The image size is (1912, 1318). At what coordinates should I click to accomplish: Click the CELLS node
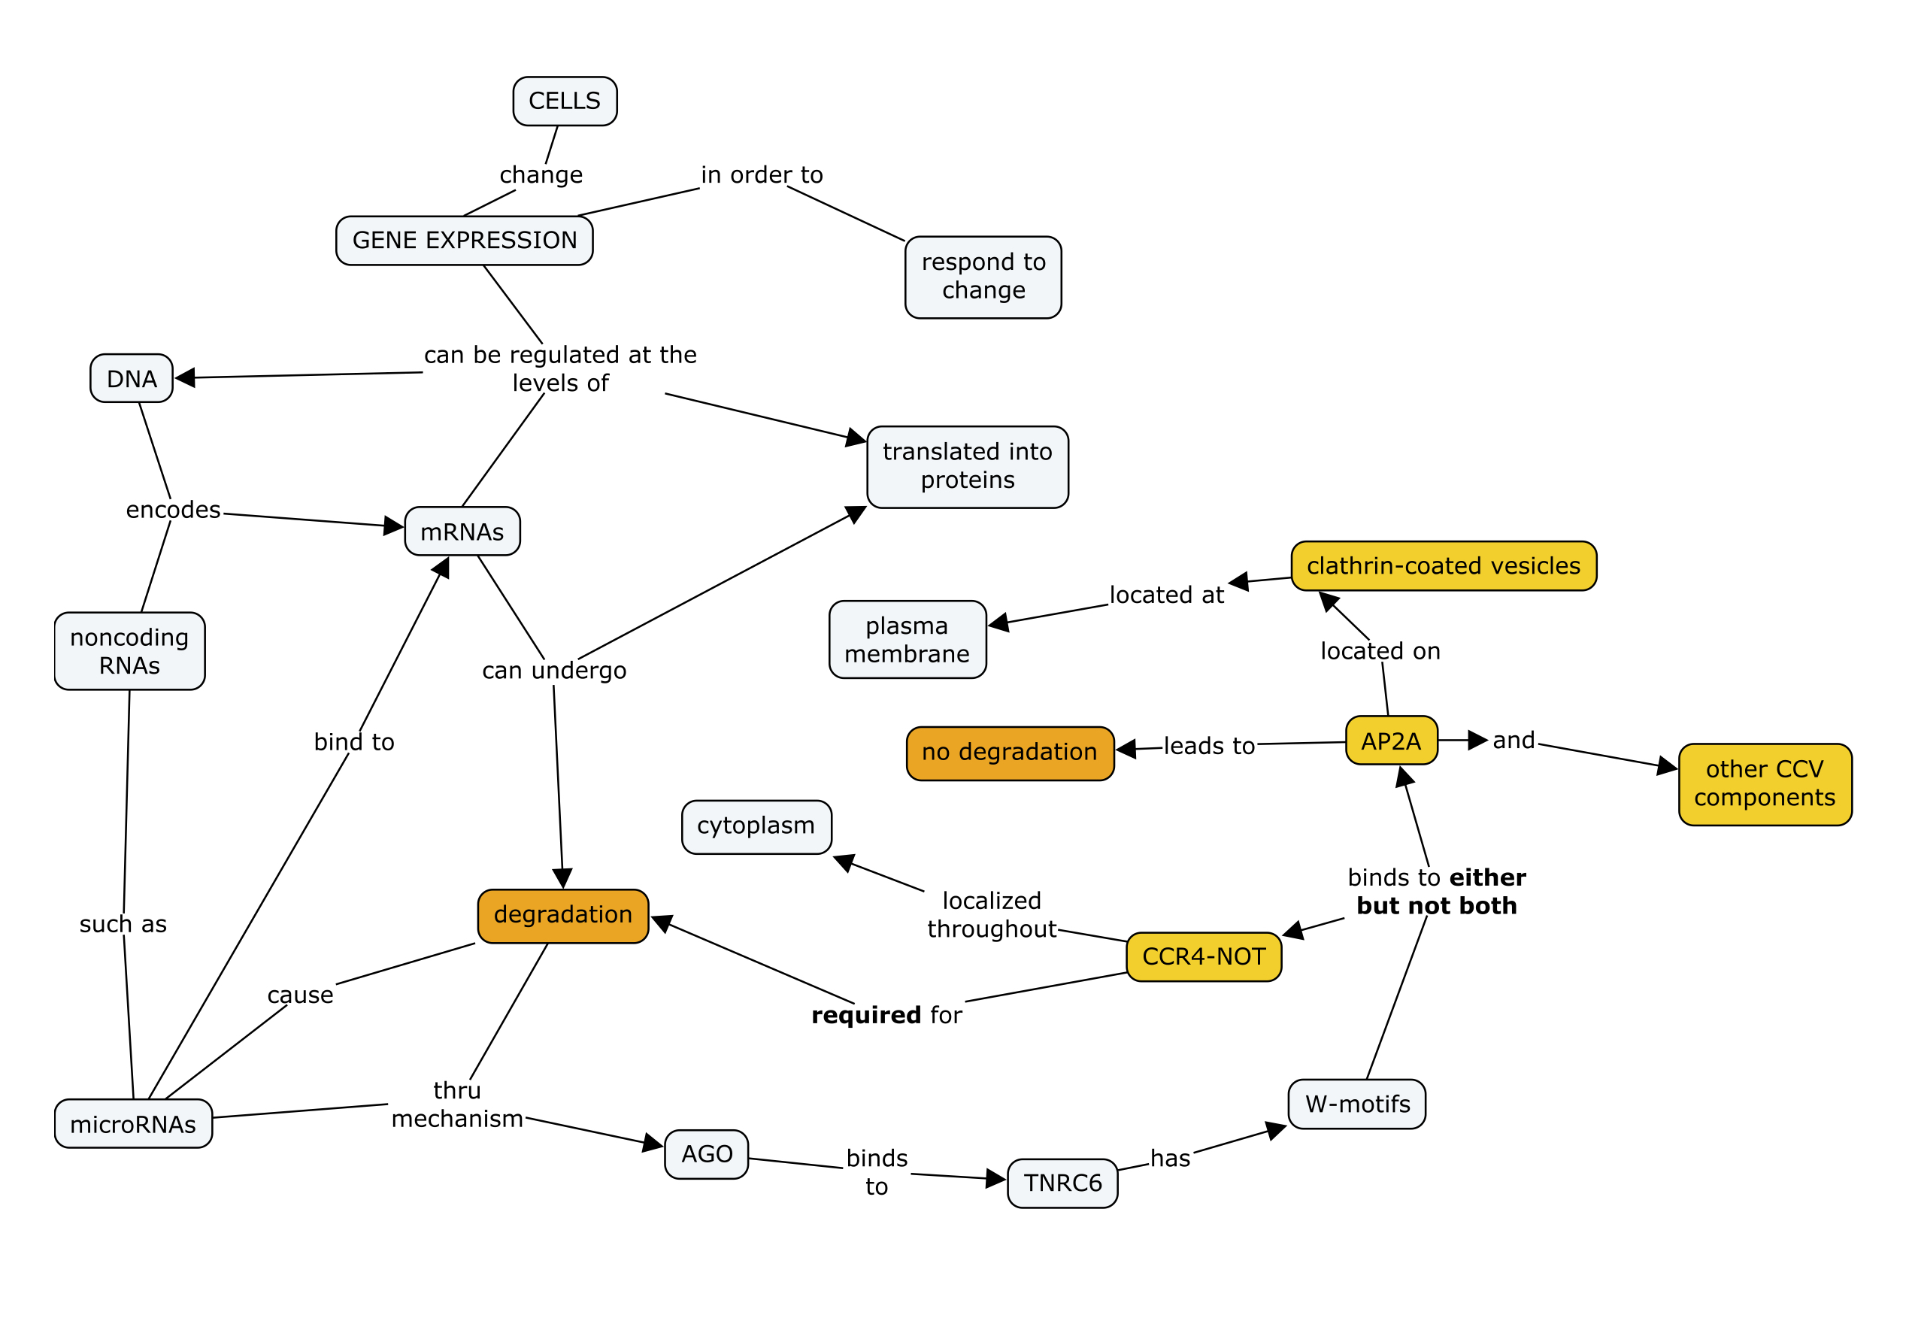point(564,101)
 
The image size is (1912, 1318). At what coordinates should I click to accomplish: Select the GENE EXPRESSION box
point(464,241)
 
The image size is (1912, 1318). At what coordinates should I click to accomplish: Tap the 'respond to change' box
point(983,277)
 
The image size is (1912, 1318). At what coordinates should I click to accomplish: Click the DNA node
point(132,379)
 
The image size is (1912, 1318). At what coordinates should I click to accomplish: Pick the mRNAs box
point(462,532)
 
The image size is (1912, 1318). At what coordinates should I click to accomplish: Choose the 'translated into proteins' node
point(967,467)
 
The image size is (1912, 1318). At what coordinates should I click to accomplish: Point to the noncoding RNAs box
point(129,651)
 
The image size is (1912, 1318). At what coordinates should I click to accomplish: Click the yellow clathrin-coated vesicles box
point(1443,565)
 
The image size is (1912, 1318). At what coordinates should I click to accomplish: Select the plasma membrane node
point(907,640)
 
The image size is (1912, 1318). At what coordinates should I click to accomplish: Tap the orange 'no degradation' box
point(1009,753)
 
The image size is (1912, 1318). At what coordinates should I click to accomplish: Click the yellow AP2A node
point(1391,741)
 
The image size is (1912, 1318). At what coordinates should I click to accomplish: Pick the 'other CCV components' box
point(1764,783)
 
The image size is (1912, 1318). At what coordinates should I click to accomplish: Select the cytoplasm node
point(756,826)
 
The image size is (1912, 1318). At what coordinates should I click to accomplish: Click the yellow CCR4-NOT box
point(1203,956)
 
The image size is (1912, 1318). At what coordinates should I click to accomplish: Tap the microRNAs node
point(133,1124)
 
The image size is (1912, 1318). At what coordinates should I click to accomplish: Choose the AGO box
point(706,1153)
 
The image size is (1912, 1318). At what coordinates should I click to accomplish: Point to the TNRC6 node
point(1062,1183)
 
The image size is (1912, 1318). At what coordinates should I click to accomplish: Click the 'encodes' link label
point(174,510)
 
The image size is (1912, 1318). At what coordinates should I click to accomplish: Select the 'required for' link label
point(886,1015)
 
